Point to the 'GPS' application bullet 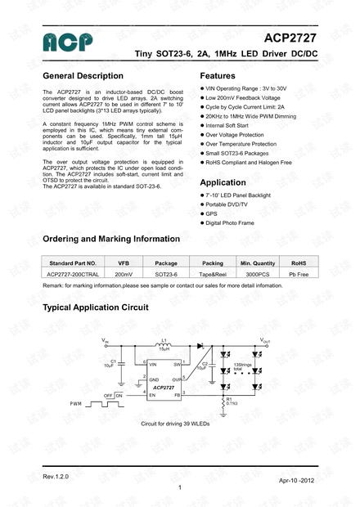(x=211, y=213)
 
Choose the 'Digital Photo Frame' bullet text (x=231, y=222)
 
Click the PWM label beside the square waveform (x=75, y=404)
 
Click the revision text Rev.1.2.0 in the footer (x=56, y=475)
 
